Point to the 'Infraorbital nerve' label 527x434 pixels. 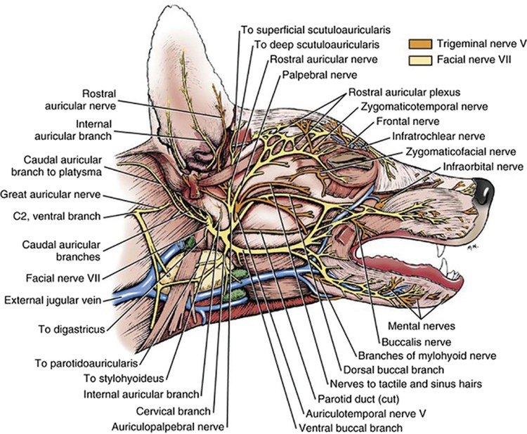click(x=483, y=166)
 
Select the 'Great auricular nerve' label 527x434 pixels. click(x=51, y=195)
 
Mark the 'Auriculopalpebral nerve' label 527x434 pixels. click(x=169, y=426)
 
